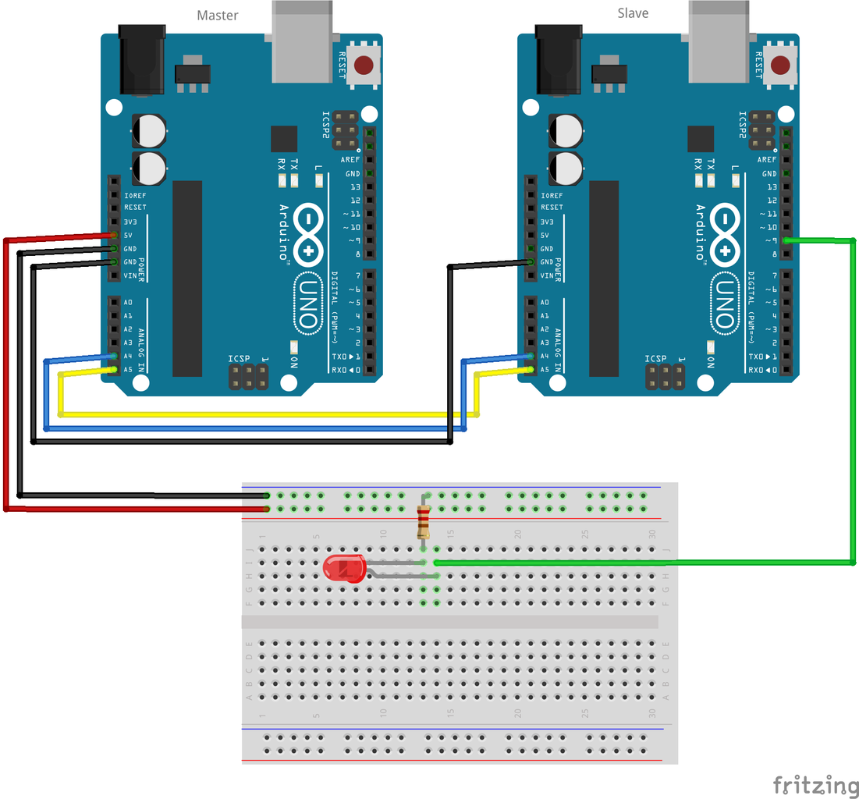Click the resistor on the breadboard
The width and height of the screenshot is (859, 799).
click(x=424, y=522)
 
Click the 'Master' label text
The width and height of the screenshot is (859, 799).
click(x=218, y=16)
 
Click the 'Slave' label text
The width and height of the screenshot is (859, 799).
click(x=633, y=13)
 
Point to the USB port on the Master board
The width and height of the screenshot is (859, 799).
click(x=303, y=43)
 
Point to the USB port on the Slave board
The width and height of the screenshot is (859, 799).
click(x=720, y=43)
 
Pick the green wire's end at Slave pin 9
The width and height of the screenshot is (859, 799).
click(x=786, y=240)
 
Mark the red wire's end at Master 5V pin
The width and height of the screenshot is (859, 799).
click(x=114, y=235)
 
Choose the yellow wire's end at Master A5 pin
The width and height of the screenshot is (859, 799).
click(x=114, y=369)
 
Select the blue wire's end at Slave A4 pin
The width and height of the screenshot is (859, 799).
click(x=531, y=356)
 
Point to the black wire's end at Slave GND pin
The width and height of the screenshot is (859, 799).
click(x=531, y=262)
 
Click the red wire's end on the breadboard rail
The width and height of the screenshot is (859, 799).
click(x=268, y=509)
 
